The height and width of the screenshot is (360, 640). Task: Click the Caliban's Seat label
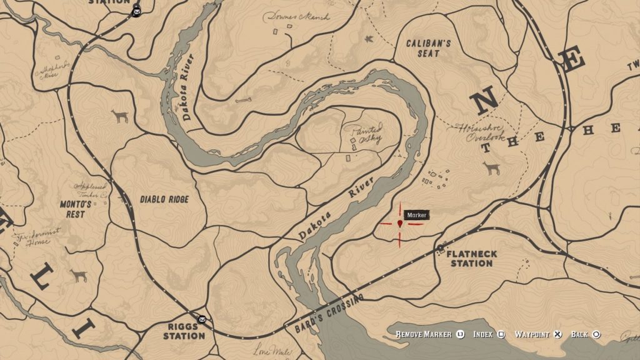click(427, 49)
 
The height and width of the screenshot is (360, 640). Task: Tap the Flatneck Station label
click(472, 259)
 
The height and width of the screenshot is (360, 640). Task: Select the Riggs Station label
click(184, 331)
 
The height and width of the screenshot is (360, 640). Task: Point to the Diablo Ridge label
click(164, 199)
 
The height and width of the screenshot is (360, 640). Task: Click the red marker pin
click(400, 223)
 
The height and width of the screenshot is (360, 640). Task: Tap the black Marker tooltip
click(417, 215)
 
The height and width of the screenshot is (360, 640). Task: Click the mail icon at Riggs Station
click(202, 319)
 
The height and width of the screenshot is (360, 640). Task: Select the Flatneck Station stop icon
click(441, 249)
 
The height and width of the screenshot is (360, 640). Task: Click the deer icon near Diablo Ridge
click(119, 116)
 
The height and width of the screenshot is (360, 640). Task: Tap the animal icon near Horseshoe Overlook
click(492, 168)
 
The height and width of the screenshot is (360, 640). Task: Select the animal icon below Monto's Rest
click(78, 276)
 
